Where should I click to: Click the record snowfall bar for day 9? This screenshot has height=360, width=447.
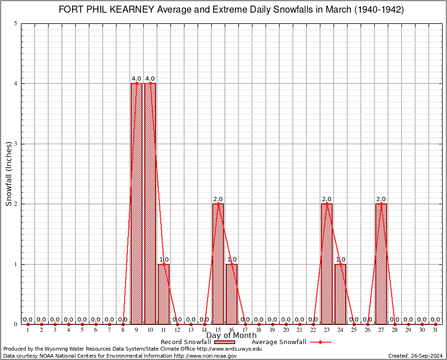pos(136,204)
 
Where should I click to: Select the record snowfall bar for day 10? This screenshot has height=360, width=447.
pos(150,204)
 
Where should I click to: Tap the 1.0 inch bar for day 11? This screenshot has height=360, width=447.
pos(164,294)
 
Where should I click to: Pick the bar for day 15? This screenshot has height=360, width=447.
pos(218,264)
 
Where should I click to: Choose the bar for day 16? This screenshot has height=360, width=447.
pos(231,294)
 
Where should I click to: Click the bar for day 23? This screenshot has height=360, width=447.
pos(327,264)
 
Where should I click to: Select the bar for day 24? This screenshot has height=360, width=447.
pos(340,294)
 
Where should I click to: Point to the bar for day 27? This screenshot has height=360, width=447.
pos(381,264)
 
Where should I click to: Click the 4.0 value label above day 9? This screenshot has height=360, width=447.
pos(136,79)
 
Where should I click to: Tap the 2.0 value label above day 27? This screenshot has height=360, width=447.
pos(381,199)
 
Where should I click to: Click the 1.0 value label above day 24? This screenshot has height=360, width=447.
pos(341,260)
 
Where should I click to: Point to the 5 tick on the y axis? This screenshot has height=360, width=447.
pos(16,23)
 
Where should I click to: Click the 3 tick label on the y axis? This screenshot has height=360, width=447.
pos(16,144)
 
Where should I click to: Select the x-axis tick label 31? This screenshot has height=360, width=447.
pos(435,330)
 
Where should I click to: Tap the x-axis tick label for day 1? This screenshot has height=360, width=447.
pos(28,330)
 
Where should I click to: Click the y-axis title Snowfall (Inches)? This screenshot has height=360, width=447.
pos(9,173)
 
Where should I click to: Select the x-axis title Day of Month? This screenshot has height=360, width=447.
pos(231,336)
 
